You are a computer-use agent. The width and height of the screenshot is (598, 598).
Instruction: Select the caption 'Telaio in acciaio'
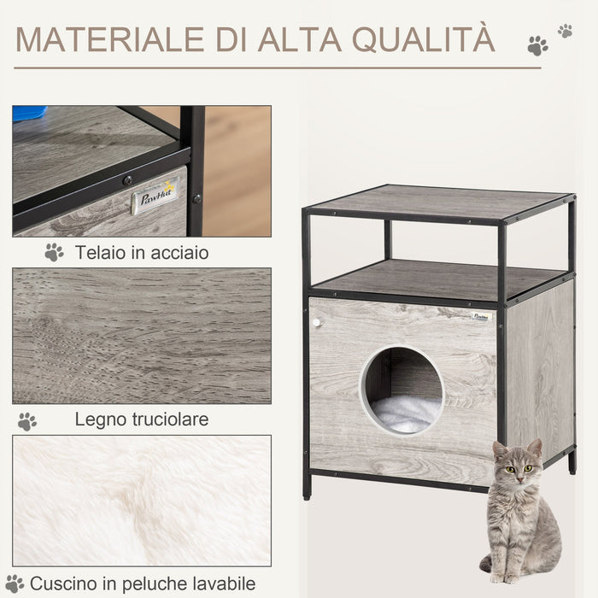coord(141,253)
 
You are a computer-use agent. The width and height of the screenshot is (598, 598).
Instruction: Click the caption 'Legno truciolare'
coord(142,419)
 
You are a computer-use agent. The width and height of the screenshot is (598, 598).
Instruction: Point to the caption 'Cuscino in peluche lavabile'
coord(142,584)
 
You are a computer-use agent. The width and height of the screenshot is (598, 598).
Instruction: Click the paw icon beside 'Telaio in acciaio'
coord(54,252)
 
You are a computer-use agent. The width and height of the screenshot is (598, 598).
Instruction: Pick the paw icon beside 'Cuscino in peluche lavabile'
coord(15,584)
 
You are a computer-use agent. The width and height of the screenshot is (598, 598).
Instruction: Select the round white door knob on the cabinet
coord(316,323)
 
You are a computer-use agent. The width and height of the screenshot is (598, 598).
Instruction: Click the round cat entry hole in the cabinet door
coord(402,390)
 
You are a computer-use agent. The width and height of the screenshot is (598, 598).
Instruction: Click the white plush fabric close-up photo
coord(142,500)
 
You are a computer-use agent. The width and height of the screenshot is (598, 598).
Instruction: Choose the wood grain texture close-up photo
coord(142,335)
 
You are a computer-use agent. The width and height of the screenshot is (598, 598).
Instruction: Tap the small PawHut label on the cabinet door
coord(483,317)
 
